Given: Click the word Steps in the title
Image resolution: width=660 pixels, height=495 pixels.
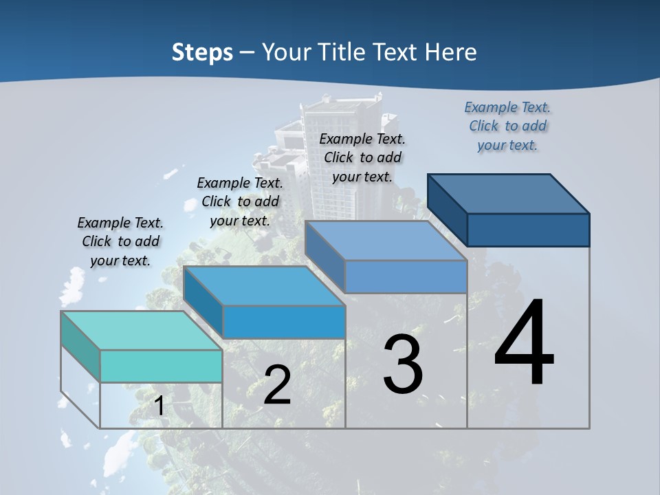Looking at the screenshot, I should tap(202, 52).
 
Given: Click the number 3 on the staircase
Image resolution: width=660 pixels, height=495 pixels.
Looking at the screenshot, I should tap(402, 364).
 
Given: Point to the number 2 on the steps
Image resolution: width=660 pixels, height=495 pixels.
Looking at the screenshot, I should tap(277, 385).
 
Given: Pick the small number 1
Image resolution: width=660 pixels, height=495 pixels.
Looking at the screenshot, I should tap(159, 406).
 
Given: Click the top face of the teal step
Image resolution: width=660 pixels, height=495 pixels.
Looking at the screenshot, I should tap(141, 331).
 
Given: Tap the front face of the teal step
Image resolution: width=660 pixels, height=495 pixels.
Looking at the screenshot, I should tap(161, 366).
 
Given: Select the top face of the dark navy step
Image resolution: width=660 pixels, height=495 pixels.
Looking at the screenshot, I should tap(509, 193).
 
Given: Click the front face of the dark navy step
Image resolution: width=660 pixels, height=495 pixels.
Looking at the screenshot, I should tap(528, 230).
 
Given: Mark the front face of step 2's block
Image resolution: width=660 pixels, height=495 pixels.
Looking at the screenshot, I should tap(283, 322).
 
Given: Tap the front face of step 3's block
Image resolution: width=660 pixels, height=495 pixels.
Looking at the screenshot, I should tap(406, 277).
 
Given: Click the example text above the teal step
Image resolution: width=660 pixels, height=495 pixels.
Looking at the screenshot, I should tap(120, 241).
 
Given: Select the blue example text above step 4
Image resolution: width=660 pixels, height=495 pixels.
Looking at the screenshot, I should tap(507, 126).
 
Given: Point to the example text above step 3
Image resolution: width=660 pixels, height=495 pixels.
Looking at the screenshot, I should tap(362, 157).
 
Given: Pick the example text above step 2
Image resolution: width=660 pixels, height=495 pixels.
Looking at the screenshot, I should tap(240, 201).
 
